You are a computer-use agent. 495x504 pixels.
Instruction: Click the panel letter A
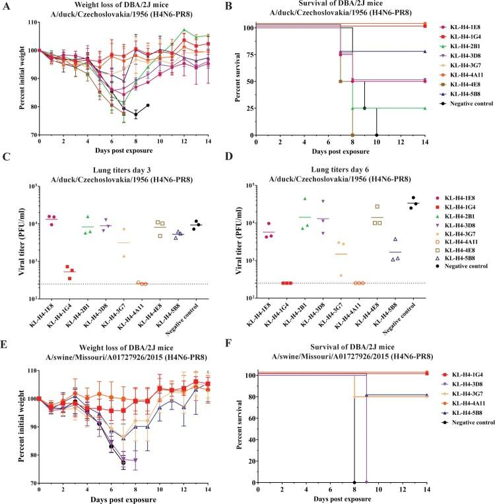(x=6, y=5)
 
